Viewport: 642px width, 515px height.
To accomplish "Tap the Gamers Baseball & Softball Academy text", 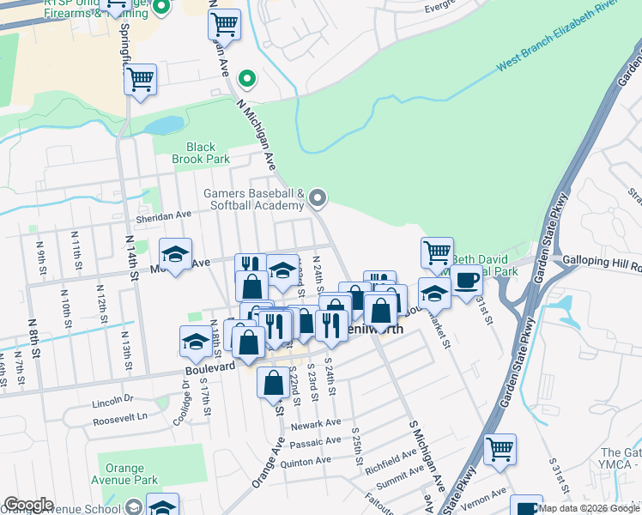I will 254,199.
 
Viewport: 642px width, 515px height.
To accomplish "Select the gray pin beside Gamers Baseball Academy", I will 318,199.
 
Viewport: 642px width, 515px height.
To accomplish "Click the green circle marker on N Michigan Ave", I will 247,80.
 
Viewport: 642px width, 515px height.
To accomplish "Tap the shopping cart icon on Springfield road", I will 140,80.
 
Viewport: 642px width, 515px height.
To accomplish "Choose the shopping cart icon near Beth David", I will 437,252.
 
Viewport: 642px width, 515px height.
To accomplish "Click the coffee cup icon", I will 467,280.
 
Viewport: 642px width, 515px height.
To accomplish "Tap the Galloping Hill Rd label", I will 601,258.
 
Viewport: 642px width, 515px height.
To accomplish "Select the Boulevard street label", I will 210,367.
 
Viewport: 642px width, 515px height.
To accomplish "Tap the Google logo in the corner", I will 28,505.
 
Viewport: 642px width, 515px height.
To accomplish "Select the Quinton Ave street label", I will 311,461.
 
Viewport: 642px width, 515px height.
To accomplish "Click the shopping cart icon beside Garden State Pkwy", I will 500,448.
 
